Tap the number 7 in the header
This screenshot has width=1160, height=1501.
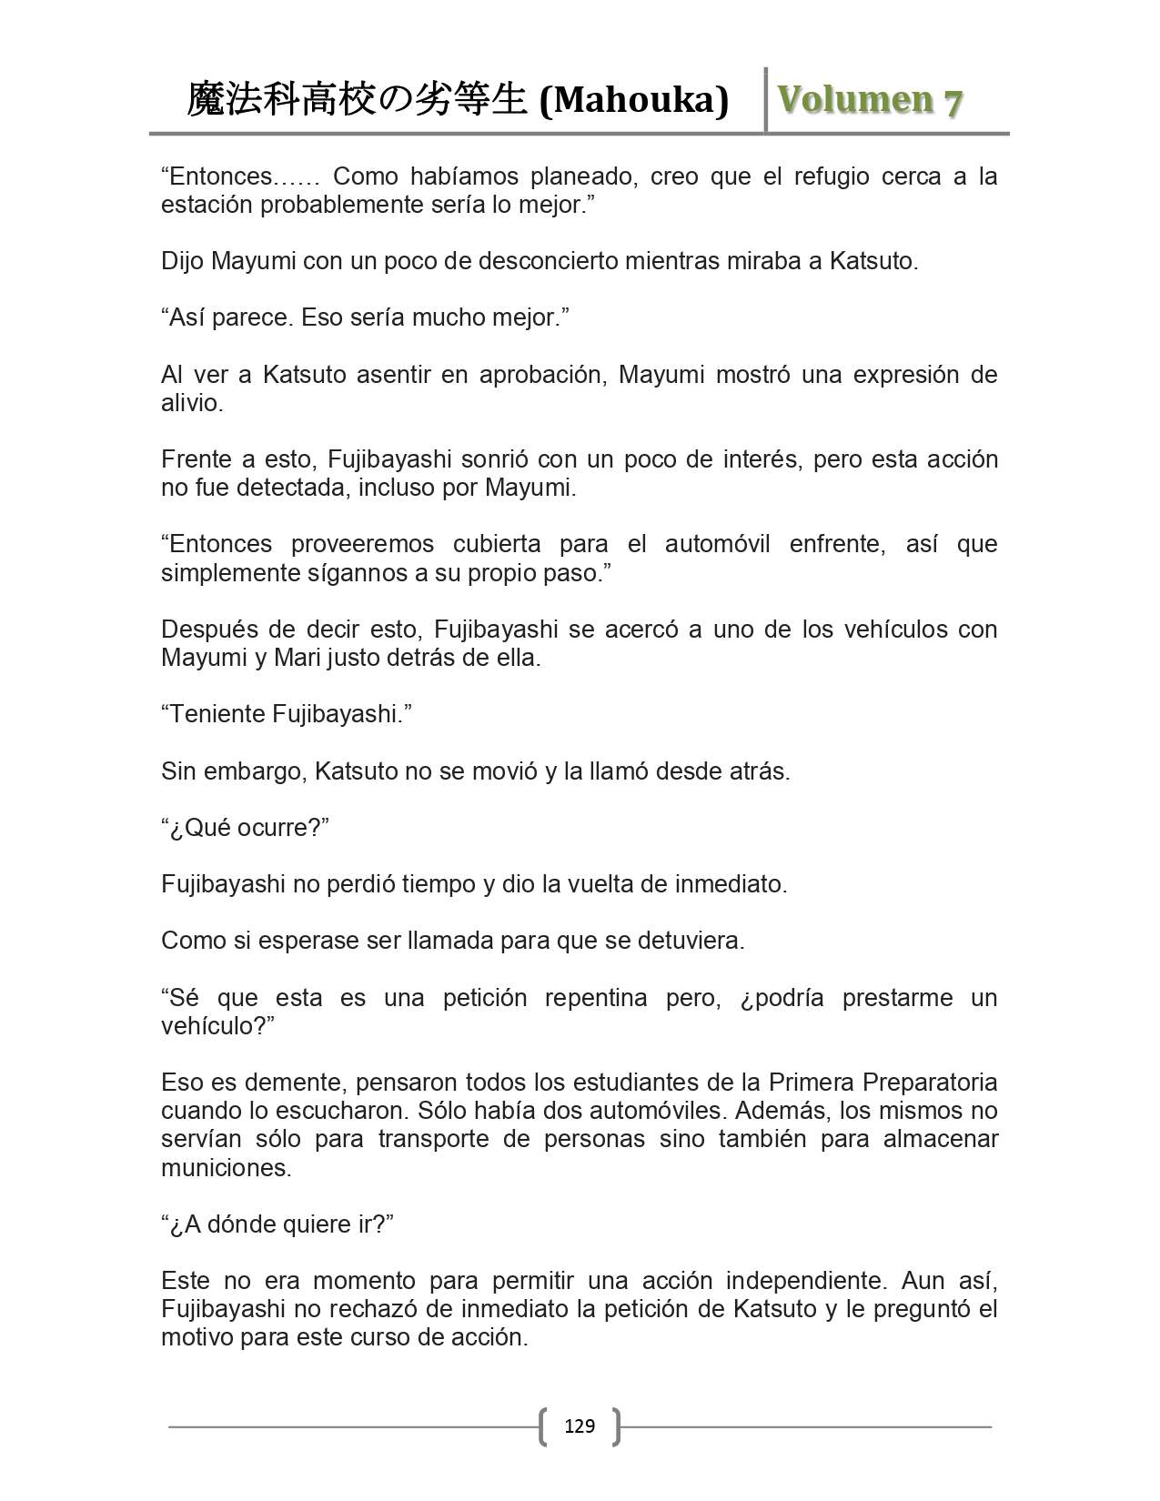952,102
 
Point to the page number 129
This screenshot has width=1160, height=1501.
580,1425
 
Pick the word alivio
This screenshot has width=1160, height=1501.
191,402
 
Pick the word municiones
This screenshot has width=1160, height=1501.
226,1167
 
